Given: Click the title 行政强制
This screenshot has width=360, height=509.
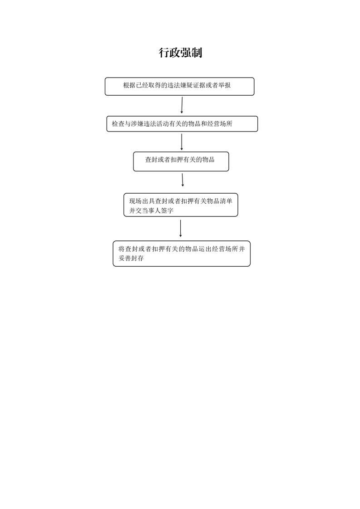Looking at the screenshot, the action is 180,53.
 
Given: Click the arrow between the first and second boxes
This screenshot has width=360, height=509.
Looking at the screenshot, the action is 182,105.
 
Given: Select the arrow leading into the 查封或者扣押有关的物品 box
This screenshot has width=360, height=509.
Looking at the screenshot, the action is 182,142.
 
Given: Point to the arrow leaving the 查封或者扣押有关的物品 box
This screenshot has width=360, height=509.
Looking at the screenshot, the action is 182,180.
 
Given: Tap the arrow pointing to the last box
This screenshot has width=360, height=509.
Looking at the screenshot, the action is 180,228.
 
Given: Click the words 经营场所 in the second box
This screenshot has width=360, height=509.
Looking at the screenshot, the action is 220,124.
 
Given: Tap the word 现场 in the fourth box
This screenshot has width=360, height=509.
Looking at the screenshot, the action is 135,201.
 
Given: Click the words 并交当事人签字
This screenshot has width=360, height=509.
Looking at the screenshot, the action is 152,210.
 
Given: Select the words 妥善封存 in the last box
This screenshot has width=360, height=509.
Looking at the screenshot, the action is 131,259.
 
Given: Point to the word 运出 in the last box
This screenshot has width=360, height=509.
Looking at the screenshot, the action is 205,249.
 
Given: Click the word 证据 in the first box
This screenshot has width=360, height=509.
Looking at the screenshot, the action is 199,85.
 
